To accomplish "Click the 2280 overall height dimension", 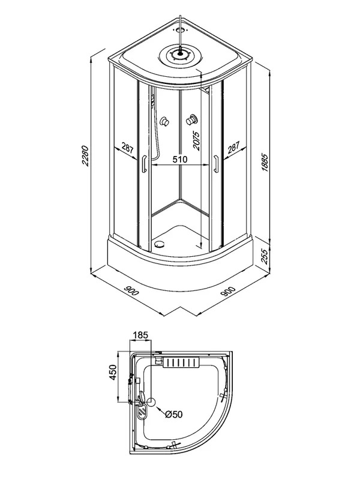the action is click(x=85, y=156).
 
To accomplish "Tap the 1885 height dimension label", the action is click(x=265, y=162).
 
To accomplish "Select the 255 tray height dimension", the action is click(x=265, y=257).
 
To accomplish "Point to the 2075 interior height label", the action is click(x=196, y=140).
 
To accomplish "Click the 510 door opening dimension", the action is click(x=179, y=159).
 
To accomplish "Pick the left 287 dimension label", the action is click(x=127, y=148).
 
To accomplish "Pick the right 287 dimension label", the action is click(x=233, y=147).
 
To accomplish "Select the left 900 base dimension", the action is click(x=131, y=290).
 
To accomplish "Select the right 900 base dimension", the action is click(x=228, y=292).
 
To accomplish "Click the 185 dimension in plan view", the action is click(x=140, y=335).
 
